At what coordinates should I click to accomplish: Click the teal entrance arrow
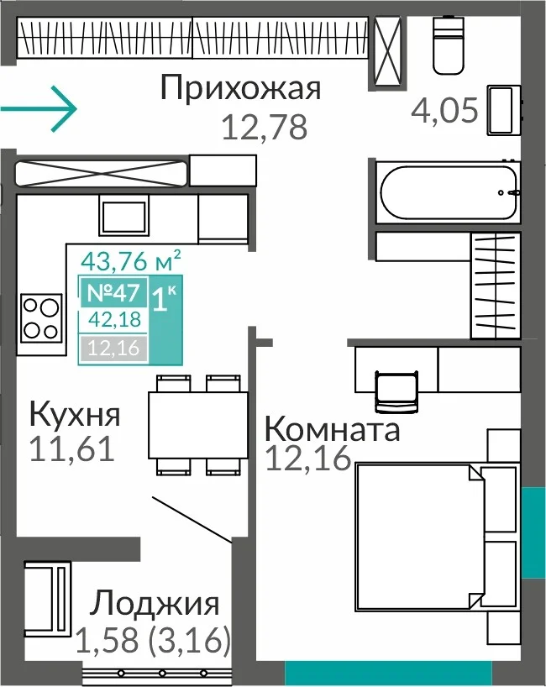coord(39,109)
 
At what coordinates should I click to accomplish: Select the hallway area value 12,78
coord(265,128)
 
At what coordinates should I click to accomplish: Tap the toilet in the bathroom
coord(449,45)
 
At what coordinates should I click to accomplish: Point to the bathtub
coord(449,192)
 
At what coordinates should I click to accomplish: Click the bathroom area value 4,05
coord(444,110)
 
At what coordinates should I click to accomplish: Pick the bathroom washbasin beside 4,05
coord(504,110)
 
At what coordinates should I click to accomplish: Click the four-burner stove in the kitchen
coord(41,317)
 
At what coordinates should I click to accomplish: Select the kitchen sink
coord(123,218)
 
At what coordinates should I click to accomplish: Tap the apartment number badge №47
coord(113,292)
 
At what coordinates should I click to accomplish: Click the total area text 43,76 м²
coord(130,260)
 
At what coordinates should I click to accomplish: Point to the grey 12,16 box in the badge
coord(113,349)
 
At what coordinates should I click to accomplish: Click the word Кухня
coord(75,415)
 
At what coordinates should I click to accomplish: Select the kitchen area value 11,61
coord(72,449)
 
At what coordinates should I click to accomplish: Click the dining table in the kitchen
coord(198,425)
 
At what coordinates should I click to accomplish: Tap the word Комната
coord(332,429)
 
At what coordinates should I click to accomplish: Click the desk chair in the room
coord(396,391)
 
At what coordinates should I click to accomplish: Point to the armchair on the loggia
coord(47,599)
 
